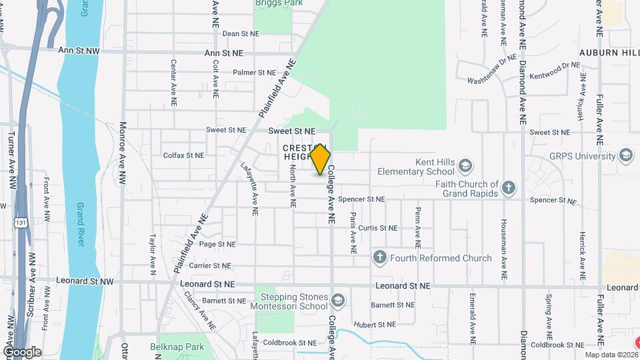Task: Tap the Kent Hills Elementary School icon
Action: click(x=465, y=165)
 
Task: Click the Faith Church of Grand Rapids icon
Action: click(x=509, y=187)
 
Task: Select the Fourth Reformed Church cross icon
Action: click(x=380, y=257)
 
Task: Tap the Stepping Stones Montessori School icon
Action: click(x=338, y=301)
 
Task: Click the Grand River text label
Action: click(x=80, y=225)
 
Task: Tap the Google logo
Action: click(x=22, y=351)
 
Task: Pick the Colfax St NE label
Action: click(x=183, y=155)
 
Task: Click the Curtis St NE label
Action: click(x=378, y=228)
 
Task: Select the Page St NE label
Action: click(x=217, y=245)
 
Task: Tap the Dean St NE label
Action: click(x=240, y=33)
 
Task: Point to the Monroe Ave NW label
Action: click(x=123, y=152)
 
